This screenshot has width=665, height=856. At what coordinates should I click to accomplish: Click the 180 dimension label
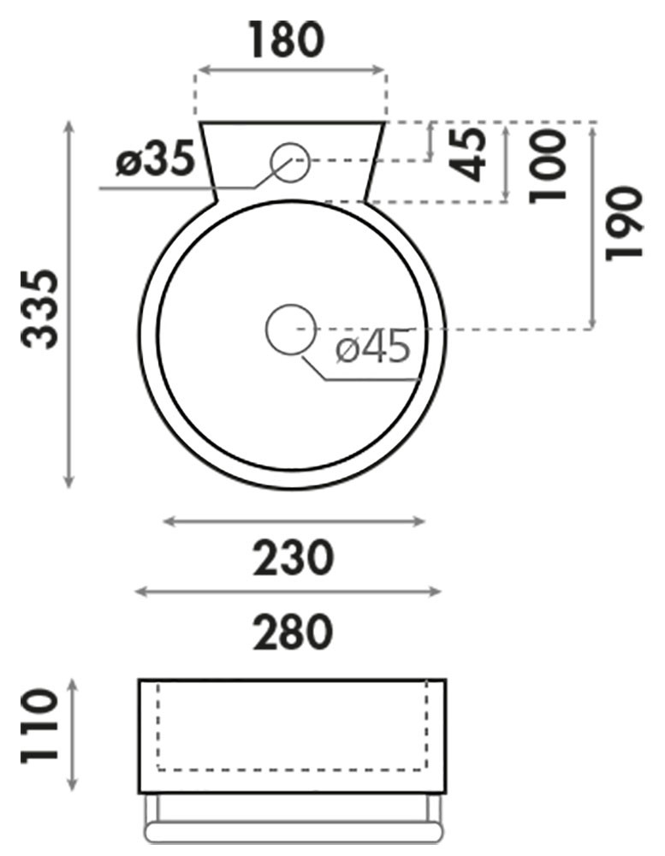pyautogui.click(x=288, y=40)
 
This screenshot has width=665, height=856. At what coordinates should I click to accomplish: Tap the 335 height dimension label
pyautogui.click(x=39, y=309)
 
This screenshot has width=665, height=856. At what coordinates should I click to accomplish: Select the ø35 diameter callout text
pyautogui.click(x=156, y=159)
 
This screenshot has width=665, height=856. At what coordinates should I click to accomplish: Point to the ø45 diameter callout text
pyautogui.click(x=373, y=346)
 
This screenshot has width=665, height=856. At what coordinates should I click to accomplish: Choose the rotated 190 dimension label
pyautogui.click(x=624, y=223)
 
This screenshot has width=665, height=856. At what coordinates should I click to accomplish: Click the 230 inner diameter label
pyautogui.click(x=293, y=557)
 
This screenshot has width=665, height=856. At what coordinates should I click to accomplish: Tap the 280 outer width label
pyautogui.click(x=293, y=632)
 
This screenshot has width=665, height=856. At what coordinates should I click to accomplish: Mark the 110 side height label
pyautogui.click(x=39, y=726)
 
